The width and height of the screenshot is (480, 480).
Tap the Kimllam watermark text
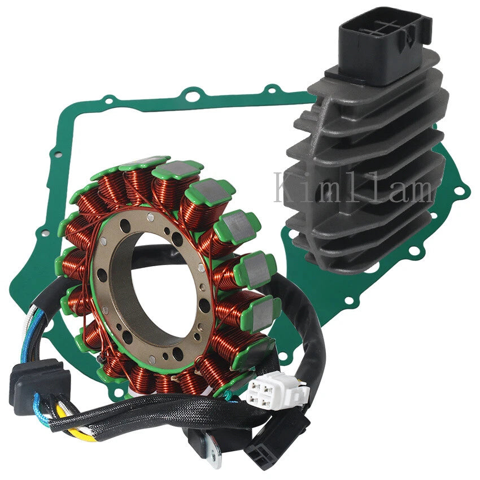click(354, 187)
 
